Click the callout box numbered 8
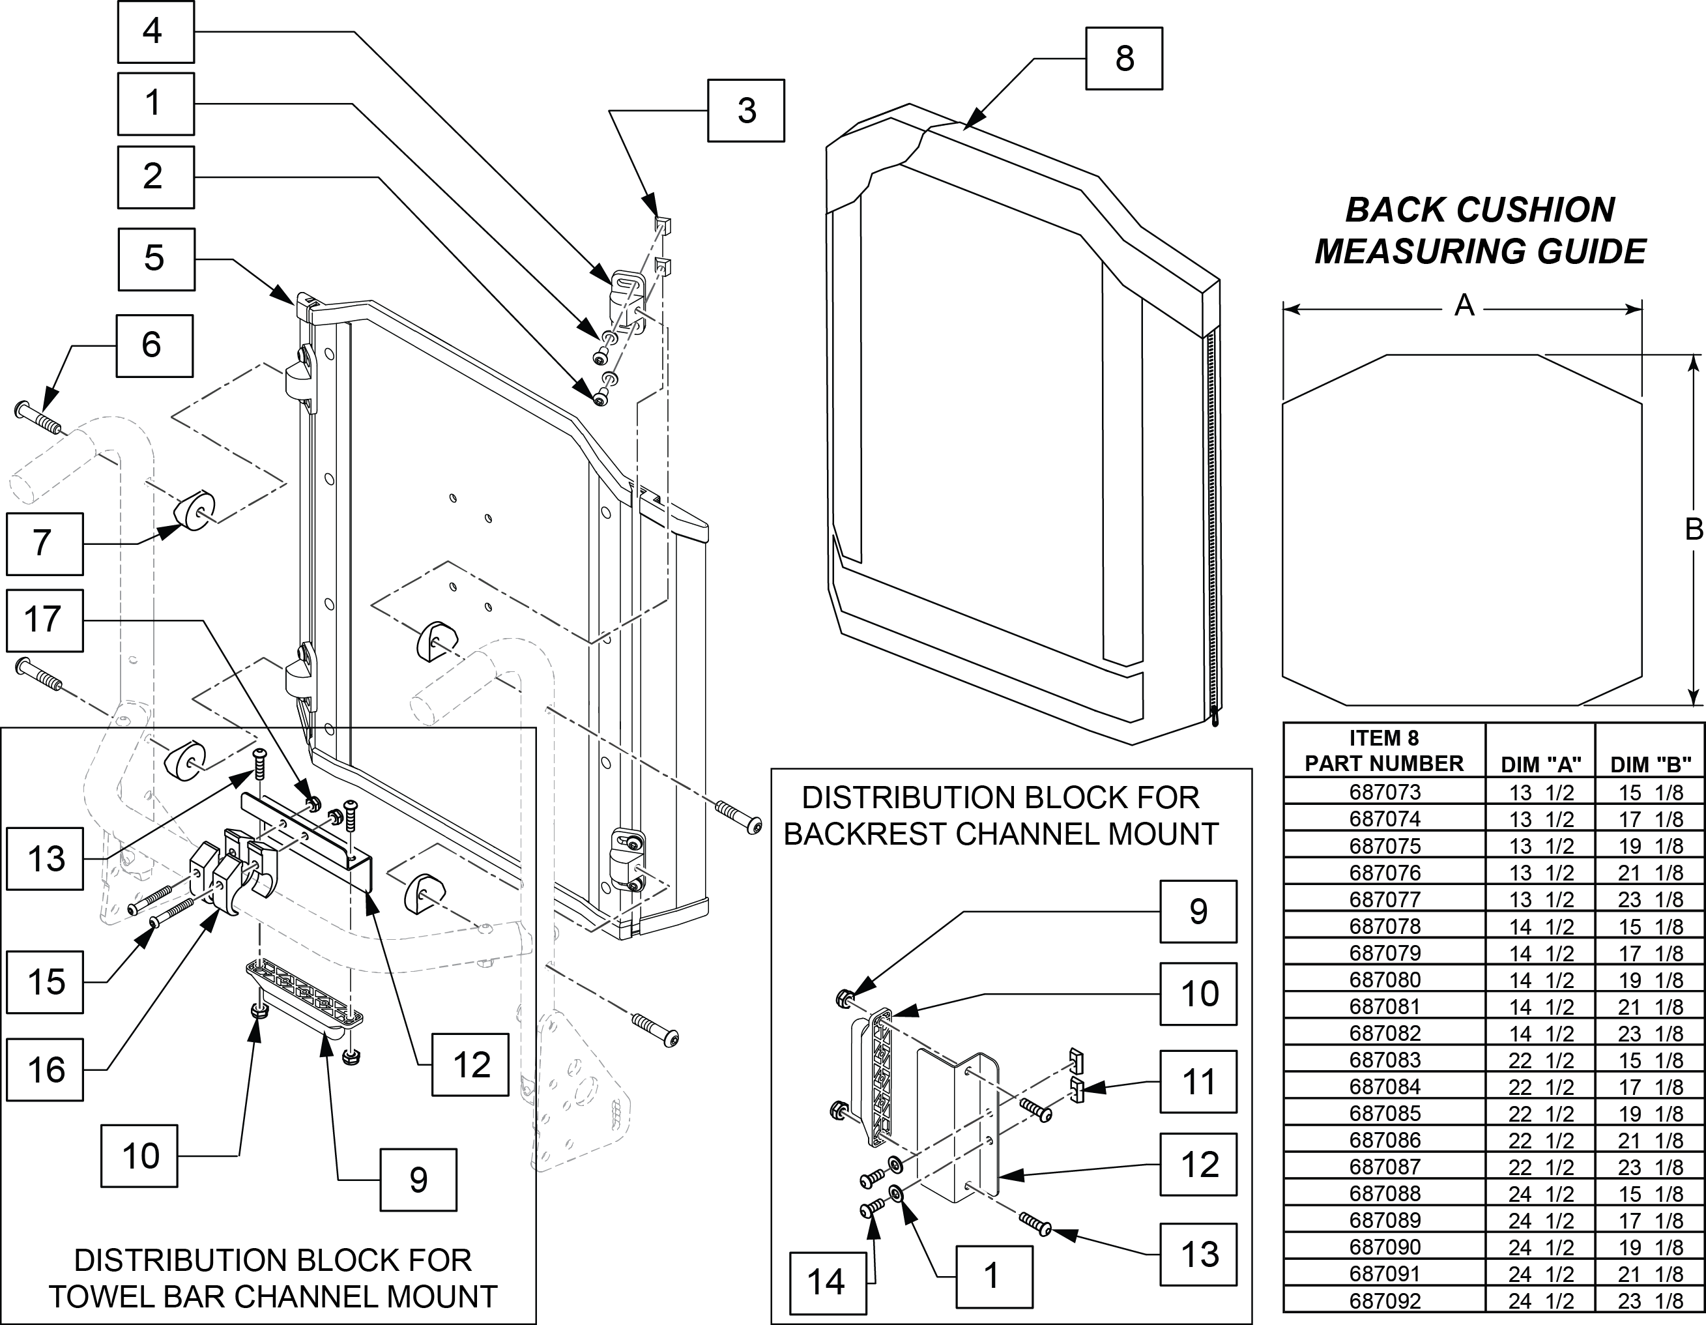tap(1123, 59)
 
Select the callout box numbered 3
tap(746, 110)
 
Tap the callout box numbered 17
tap(44, 620)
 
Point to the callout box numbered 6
tap(154, 345)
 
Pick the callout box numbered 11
tap(1198, 1081)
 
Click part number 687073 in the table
tap(1384, 792)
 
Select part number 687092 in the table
tap(1384, 1300)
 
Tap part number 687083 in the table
tap(1384, 1060)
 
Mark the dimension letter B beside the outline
tap(1693, 530)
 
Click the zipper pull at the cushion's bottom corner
tap(1215, 716)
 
